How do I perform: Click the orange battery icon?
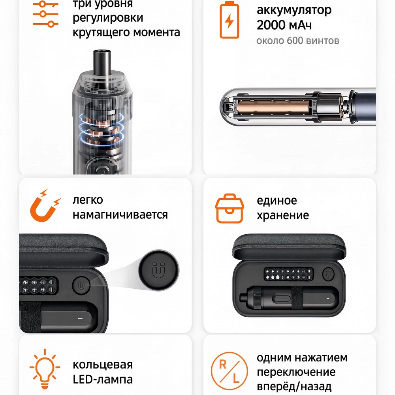(x=229, y=20)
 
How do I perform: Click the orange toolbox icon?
(x=229, y=208)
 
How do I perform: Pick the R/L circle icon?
(x=229, y=371)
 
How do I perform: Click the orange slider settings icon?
(x=45, y=14)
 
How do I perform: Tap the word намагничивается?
(x=120, y=215)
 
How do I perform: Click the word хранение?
(x=283, y=216)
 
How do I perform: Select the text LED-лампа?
(x=103, y=379)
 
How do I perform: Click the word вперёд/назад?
(x=294, y=386)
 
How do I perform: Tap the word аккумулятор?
(x=294, y=11)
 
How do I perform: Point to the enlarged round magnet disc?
(x=159, y=270)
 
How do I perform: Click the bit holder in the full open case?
(x=288, y=274)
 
